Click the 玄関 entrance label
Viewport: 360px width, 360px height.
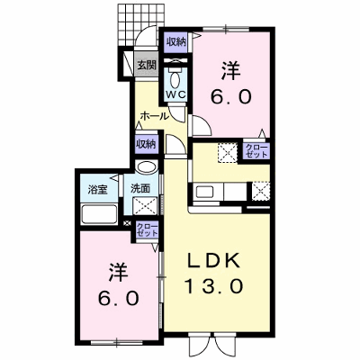click(148, 65)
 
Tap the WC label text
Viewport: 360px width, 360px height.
click(176, 94)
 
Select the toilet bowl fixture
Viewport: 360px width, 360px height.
click(175, 78)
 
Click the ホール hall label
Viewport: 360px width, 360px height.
click(154, 116)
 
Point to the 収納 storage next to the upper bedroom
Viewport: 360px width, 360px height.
click(176, 42)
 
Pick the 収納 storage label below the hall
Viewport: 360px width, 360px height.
click(147, 145)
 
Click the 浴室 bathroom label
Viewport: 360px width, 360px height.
click(97, 190)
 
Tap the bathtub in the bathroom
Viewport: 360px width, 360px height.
click(99, 214)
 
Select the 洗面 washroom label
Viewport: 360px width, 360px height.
click(140, 188)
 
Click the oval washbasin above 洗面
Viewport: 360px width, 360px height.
click(146, 166)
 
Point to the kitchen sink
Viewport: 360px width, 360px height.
click(204, 192)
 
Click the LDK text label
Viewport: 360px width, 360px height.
click(213, 261)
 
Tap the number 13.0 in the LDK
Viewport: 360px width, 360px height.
click(214, 286)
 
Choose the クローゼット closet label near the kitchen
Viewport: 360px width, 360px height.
click(256, 151)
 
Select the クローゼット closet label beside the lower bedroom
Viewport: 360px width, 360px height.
click(147, 229)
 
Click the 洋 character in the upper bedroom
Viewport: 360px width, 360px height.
click(231, 71)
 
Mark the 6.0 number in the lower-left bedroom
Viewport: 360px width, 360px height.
click(119, 298)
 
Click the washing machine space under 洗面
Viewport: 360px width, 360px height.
click(146, 206)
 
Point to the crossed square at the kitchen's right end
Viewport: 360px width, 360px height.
click(260, 192)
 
